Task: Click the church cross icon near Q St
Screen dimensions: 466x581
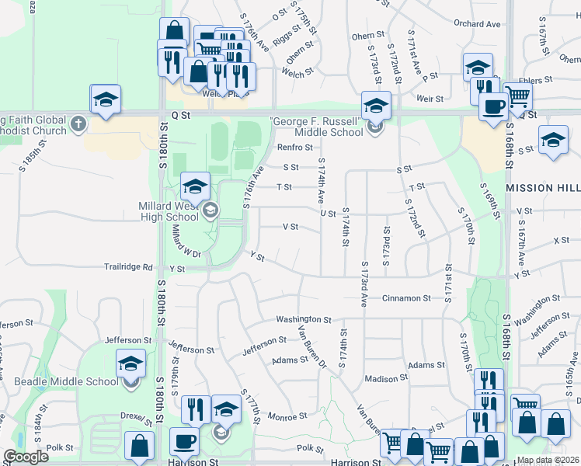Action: coord(78,123)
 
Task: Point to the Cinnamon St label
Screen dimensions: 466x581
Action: coord(405,297)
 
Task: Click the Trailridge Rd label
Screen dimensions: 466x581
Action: coord(129,267)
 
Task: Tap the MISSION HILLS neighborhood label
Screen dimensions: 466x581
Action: coord(542,188)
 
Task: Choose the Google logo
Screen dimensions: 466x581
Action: coord(26,457)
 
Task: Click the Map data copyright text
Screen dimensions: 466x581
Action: coord(548,460)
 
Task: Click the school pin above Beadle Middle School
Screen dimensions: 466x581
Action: coord(130,363)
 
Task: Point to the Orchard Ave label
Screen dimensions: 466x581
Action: coord(477,24)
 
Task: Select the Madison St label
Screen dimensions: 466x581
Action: coord(386,379)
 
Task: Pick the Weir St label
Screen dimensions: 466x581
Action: coord(430,99)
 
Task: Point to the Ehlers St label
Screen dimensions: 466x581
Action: coord(537,79)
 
